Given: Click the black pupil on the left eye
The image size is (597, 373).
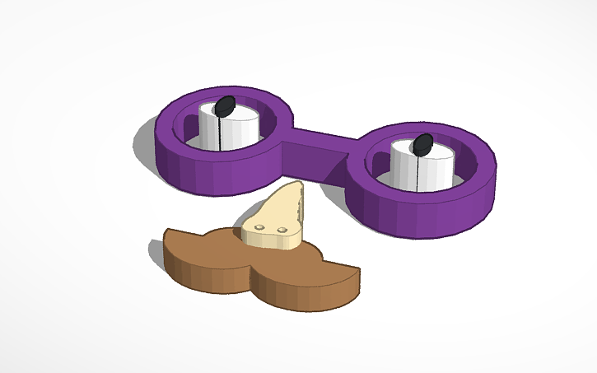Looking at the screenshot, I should [225, 105].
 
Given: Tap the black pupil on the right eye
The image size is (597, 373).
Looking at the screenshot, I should [422, 145].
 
